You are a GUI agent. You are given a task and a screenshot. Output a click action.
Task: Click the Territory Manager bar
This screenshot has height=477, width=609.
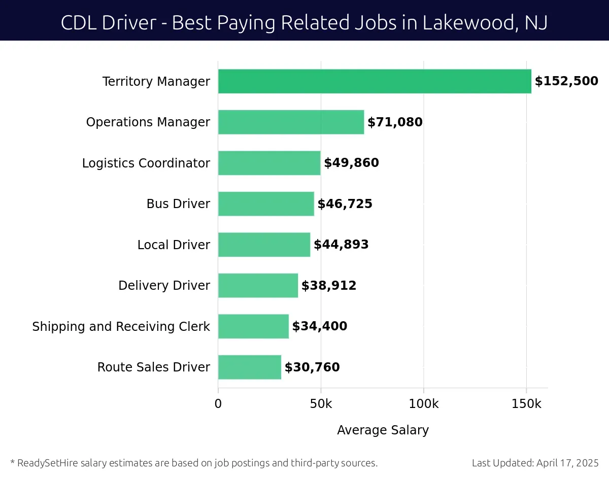tap(375, 82)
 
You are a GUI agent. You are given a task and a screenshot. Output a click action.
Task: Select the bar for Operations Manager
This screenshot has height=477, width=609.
tap(291, 122)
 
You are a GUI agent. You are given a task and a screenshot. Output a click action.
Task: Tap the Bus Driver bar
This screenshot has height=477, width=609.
tap(266, 204)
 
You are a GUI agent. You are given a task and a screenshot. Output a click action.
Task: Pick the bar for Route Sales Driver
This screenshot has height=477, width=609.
tap(249, 367)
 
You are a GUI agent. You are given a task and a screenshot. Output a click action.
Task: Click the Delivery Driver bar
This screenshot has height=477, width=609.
tap(258, 286)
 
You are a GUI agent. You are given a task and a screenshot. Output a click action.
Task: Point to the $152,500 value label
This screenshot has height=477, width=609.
tap(566, 81)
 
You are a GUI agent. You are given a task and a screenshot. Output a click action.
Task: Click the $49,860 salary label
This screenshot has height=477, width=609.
tap(351, 163)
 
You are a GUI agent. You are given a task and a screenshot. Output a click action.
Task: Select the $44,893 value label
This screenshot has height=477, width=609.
tap(341, 245)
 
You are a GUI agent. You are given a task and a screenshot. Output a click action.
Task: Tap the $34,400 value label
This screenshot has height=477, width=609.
tap(320, 326)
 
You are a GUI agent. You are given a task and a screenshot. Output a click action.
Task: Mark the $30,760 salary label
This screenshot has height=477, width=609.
tap(312, 367)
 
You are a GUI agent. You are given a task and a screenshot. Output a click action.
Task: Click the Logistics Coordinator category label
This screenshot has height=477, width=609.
tap(146, 163)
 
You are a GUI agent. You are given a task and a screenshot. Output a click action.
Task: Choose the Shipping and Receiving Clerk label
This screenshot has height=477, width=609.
tap(121, 326)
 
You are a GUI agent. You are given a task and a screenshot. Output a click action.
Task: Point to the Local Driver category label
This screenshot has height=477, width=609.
tap(174, 245)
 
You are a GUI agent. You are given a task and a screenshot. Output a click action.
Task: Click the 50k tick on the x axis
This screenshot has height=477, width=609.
tap(321, 404)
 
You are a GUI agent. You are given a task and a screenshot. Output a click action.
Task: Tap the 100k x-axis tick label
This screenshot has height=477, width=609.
tap(424, 404)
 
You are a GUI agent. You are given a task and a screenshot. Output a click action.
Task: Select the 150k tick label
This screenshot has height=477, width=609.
tap(526, 404)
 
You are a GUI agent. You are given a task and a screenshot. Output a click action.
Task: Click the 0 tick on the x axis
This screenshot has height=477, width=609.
tap(218, 404)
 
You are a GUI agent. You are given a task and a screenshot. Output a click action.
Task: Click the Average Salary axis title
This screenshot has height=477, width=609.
tap(383, 430)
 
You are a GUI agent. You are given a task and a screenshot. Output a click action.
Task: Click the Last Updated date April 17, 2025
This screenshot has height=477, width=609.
tap(566, 463)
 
